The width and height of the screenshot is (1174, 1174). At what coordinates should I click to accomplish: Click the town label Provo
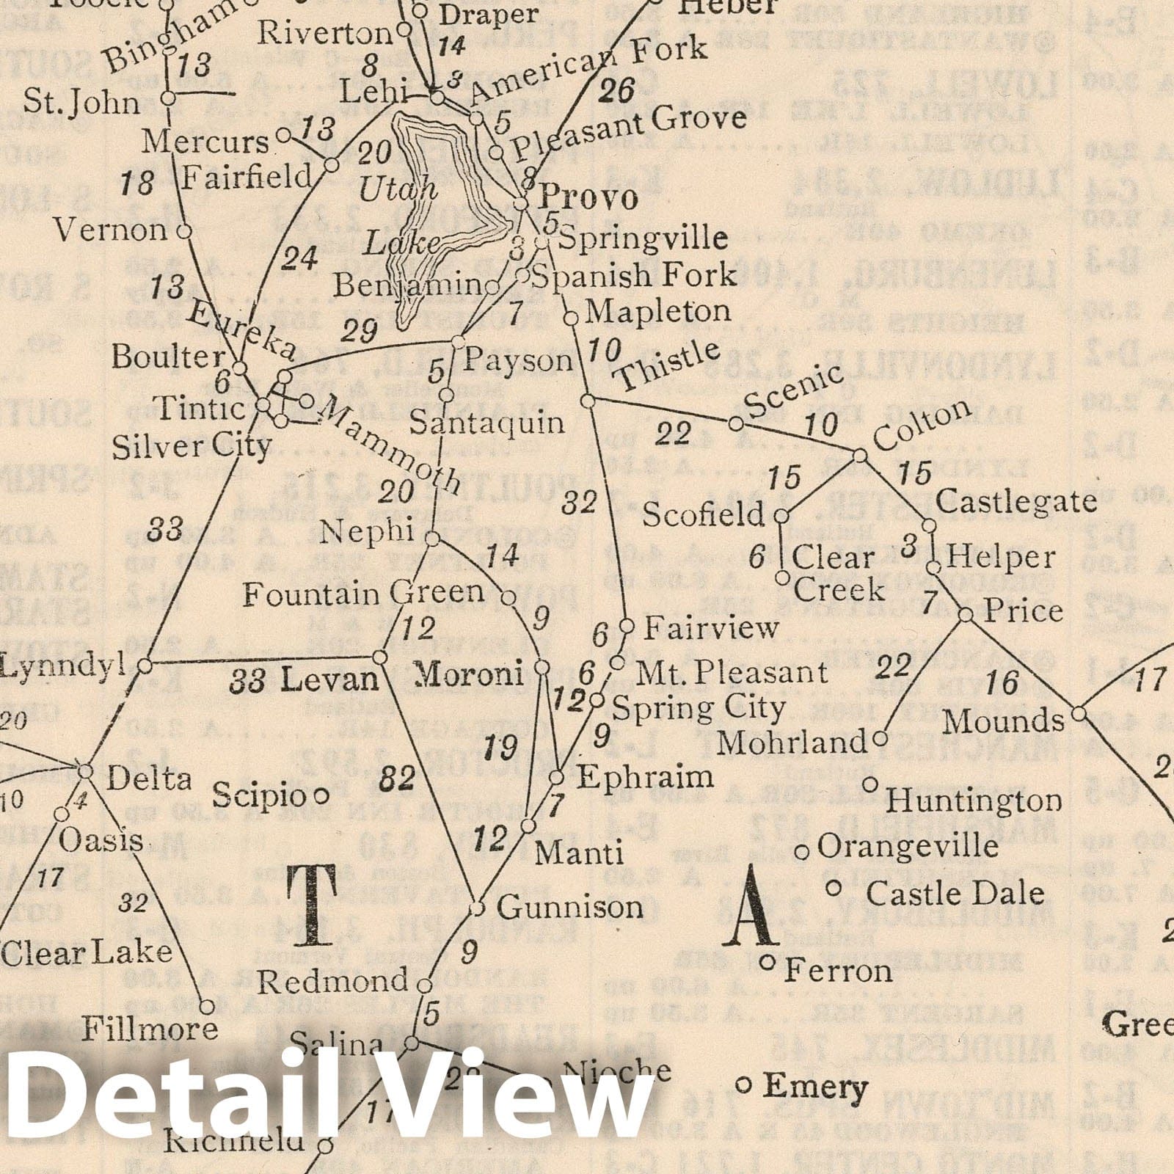588,199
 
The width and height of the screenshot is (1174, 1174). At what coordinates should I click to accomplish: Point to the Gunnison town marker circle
477,908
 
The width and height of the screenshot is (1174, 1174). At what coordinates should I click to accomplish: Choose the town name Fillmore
150,1029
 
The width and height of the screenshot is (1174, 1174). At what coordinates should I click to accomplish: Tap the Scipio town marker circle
321,795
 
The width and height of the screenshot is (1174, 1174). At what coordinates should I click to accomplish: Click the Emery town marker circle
743,1084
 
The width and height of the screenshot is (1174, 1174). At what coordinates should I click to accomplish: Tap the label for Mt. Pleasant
731,672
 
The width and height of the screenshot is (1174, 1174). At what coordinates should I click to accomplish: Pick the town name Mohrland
792,743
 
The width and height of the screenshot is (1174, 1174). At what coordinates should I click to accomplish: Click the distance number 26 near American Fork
618,92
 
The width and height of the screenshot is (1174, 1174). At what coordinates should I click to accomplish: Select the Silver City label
192,447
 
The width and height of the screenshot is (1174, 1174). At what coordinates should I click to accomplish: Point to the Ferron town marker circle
768,963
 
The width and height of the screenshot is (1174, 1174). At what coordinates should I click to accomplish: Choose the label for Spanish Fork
632,276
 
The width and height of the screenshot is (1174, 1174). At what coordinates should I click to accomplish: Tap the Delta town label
149,779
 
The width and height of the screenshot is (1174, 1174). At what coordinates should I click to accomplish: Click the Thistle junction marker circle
588,401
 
